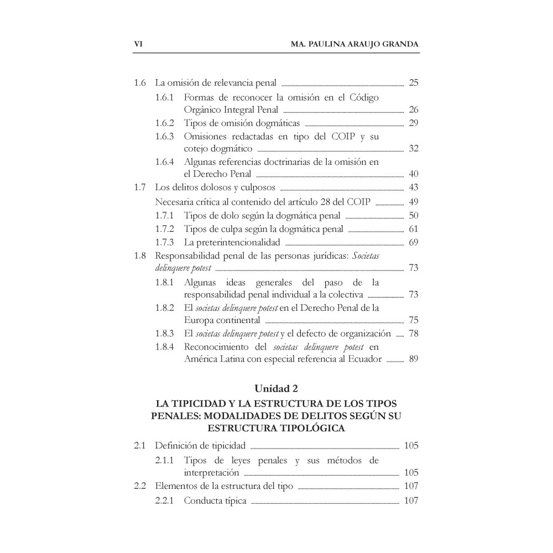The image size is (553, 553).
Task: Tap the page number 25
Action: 413,84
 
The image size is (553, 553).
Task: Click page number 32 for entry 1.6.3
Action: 413,149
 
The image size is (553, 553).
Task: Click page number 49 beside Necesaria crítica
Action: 413,201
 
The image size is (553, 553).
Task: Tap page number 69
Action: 413,242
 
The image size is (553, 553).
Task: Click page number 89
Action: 413,359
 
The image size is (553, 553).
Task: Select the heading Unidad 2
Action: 276,387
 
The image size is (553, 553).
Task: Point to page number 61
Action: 413,229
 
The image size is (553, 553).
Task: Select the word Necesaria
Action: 175,201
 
